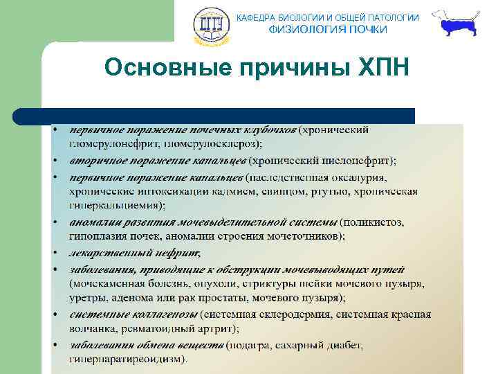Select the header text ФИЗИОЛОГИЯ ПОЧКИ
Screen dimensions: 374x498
[328, 29]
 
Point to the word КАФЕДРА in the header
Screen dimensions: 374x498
[257, 17]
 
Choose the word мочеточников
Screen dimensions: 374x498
[304, 235]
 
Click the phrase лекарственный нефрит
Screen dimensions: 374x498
[135, 252]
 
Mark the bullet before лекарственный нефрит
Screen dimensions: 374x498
[54, 252]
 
